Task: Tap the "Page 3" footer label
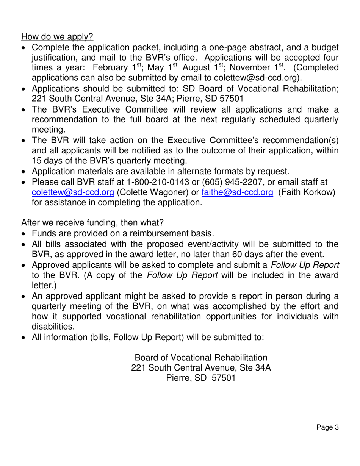pos(327,428)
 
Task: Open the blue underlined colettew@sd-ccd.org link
pos(73,192)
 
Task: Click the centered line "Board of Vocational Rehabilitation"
pos(201,357)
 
